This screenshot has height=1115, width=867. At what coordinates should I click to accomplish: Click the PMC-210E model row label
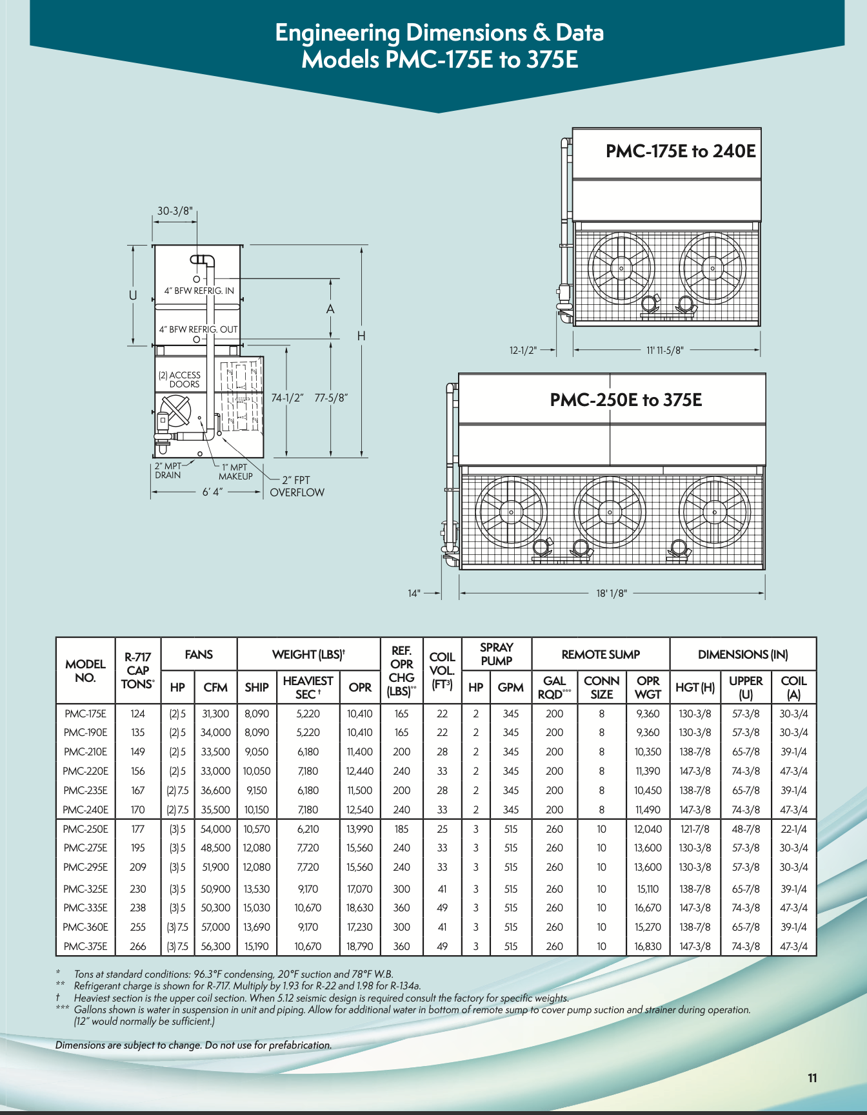pyautogui.click(x=85, y=751)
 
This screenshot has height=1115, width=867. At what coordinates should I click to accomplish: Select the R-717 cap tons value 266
pyautogui.click(x=137, y=946)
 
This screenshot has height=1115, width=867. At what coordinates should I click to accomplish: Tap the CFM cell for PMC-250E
pyautogui.click(x=215, y=829)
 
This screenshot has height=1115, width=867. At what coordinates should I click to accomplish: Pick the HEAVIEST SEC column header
pyautogui.click(x=308, y=687)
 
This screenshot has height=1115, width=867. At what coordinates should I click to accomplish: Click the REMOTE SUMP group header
pyautogui.click(x=601, y=654)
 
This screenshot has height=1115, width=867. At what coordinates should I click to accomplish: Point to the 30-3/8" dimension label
pyautogui.click(x=175, y=211)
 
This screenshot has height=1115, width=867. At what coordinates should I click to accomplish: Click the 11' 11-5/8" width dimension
pyautogui.click(x=664, y=350)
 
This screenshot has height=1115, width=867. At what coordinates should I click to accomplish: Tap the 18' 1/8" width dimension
pyautogui.click(x=611, y=593)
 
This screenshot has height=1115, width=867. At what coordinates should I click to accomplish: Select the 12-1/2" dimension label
pyautogui.click(x=523, y=350)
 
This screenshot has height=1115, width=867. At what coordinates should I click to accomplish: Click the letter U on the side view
pyautogui.click(x=133, y=295)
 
